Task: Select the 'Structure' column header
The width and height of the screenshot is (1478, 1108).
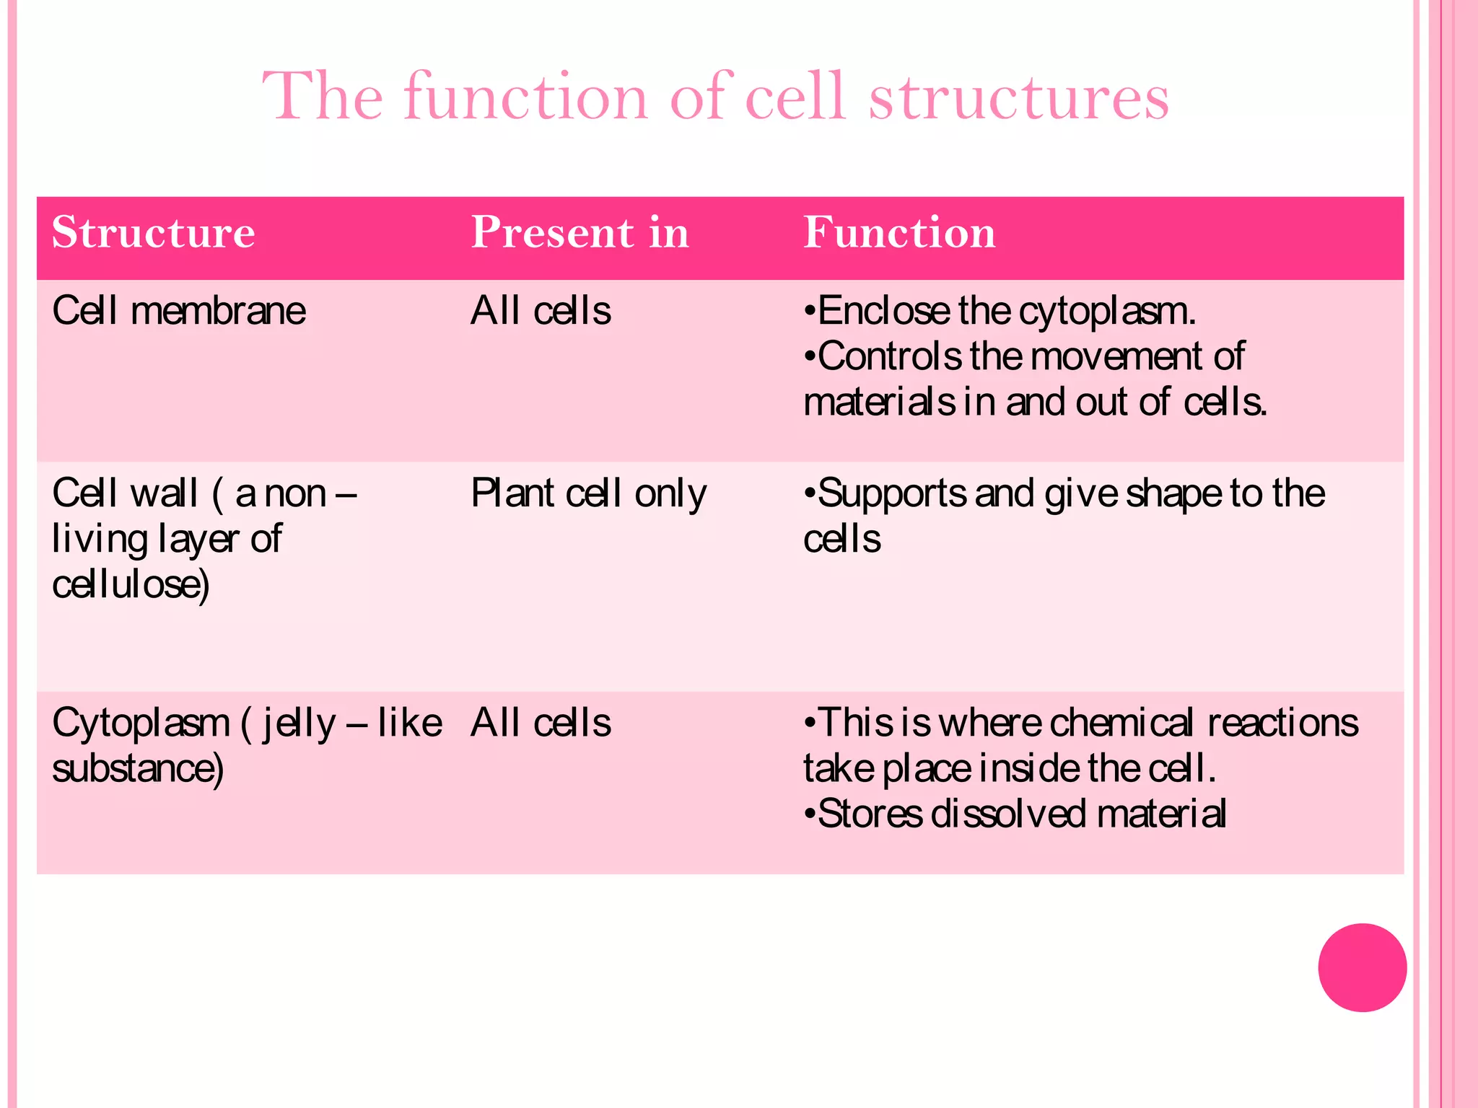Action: click(153, 232)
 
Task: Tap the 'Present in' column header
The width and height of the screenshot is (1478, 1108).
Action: click(580, 232)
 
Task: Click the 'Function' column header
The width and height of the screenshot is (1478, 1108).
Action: click(899, 232)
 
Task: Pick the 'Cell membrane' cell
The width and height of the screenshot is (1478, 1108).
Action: click(179, 312)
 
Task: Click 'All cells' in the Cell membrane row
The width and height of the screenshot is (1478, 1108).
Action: click(541, 312)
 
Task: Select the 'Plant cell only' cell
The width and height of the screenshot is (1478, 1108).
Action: click(588, 494)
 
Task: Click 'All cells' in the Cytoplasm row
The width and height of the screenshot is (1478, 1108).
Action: click(541, 723)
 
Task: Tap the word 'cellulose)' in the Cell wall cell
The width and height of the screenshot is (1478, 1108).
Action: click(131, 584)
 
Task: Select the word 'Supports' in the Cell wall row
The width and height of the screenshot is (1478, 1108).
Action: click(892, 495)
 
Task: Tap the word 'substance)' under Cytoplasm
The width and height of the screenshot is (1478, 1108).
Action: click(138, 768)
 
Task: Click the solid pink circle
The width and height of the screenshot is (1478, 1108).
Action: click(1362, 967)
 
